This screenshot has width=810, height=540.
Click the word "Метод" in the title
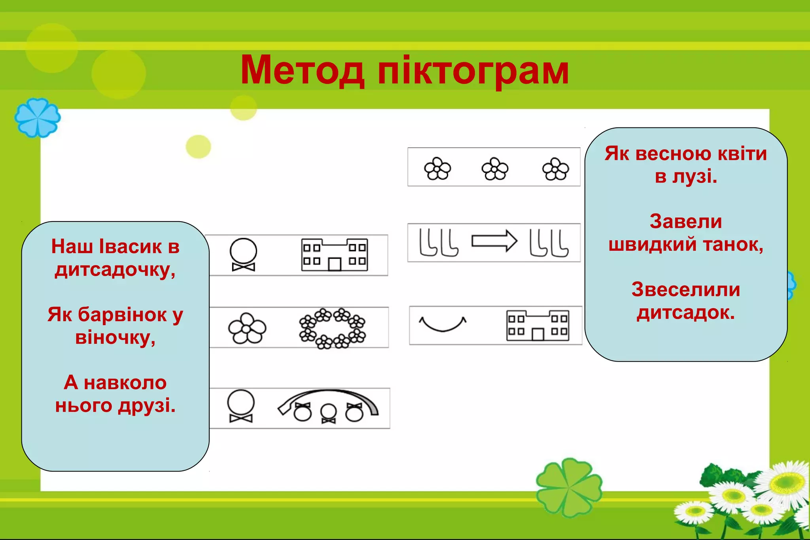click(302, 71)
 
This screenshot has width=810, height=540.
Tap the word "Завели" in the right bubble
click(685, 222)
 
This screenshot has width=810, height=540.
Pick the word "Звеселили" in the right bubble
click(685, 290)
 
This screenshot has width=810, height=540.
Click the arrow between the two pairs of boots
click(494, 241)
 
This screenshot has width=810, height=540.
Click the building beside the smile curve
click(537, 325)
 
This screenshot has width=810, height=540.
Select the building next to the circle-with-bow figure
click(334, 255)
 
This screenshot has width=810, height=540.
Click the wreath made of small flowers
click(332, 328)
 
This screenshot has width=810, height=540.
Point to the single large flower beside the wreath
click(247, 328)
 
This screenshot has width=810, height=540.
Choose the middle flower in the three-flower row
click(494, 169)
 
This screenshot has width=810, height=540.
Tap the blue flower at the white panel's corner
click(38, 117)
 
